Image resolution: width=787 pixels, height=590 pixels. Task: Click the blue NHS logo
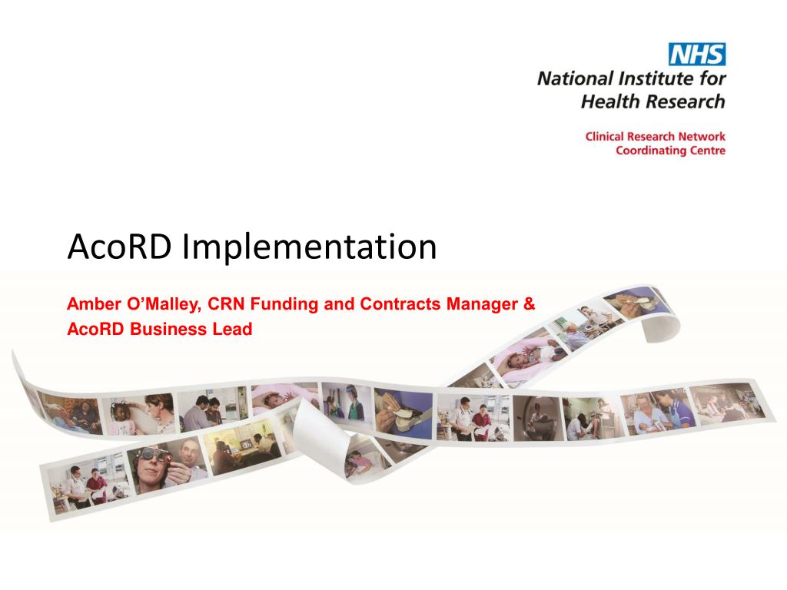tap(696, 55)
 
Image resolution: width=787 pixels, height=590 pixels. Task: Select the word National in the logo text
tap(575, 79)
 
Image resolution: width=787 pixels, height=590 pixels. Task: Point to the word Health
tap(603, 102)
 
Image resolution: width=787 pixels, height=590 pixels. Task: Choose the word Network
tap(702, 137)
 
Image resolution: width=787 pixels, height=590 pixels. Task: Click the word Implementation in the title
tap(309, 247)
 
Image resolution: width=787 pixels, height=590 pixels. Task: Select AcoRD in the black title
tap(119, 247)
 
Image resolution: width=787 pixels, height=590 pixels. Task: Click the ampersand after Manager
tap(529, 304)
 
